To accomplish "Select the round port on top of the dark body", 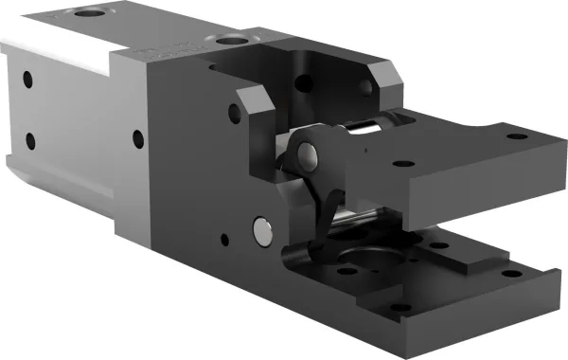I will [228, 41].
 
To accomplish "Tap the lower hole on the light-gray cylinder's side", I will [30, 142].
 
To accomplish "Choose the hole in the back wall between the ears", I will [304, 83].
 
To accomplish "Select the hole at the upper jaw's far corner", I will [516, 135].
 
